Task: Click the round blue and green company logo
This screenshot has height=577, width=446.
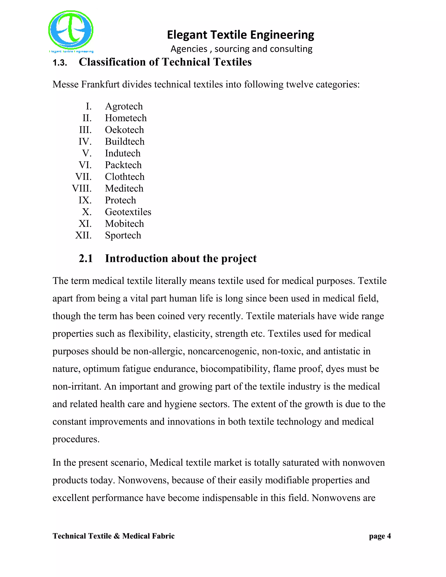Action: click(71, 30)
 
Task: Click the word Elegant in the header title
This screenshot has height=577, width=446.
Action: click(184, 35)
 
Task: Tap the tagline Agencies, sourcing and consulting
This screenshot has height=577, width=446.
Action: click(241, 49)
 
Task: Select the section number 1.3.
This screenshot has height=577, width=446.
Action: click(60, 63)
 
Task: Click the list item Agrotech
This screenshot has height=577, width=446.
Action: click(124, 106)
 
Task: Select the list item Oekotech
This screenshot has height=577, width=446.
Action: click(124, 130)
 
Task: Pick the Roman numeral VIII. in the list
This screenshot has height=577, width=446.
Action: click(82, 189)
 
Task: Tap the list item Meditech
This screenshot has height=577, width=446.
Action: click(124, 189)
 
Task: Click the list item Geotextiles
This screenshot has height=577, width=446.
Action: click(128, 212)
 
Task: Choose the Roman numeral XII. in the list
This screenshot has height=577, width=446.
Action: click(83, 235)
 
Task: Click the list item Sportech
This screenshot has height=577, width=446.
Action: click(123, 235)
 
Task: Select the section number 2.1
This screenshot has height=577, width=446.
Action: click(86, 259)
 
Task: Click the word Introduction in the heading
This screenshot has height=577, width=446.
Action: click(136, 259)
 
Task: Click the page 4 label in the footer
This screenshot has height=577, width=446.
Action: click(380, 536)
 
